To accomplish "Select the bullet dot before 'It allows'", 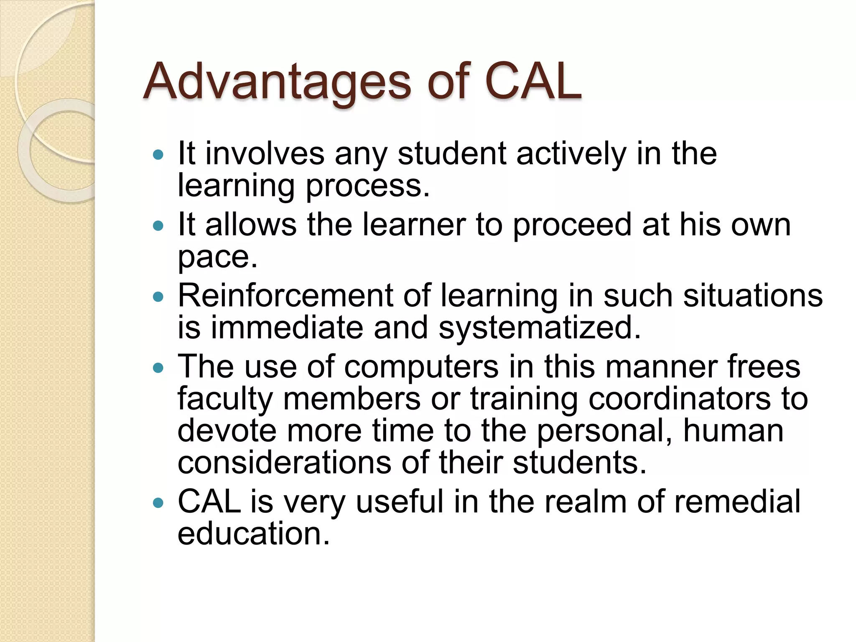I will (158, 226).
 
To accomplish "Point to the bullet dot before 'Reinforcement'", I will (158, 297).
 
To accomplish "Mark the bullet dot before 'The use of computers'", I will (158, 368).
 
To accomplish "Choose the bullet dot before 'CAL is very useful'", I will (158, 502).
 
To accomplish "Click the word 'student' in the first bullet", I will (452, 154).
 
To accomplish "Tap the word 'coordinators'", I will (680, 399).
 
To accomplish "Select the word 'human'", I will (733, 431).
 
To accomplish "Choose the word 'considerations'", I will (284, 463).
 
